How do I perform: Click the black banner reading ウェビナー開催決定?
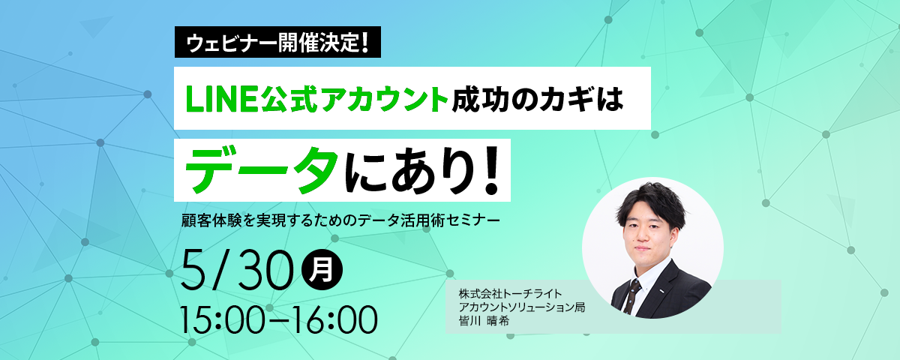(x=277, y=42)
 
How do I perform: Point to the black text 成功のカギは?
(x=537, y=99)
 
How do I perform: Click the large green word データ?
(x=261, y=170)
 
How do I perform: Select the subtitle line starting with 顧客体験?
(x=340, y=220)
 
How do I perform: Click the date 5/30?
(x=237, y=269)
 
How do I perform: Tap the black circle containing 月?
(x=322, y=270)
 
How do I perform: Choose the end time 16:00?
(x=334, y=319)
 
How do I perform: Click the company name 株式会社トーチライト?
(x=510, y=294)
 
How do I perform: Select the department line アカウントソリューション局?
(x=522, y=307)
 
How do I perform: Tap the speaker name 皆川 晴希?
(x=484, y=321)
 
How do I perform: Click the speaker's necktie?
(x=632, y=295)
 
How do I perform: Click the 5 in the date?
(x=195, y=270)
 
